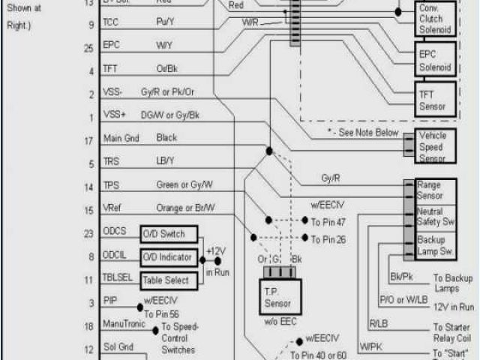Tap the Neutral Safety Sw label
click(x=435, y=217)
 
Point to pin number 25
click(x=89, y=48)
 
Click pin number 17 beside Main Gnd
click(x=89, y=140)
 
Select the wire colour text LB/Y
click(x=165, y=161)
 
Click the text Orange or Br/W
click(x=185, y=208)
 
